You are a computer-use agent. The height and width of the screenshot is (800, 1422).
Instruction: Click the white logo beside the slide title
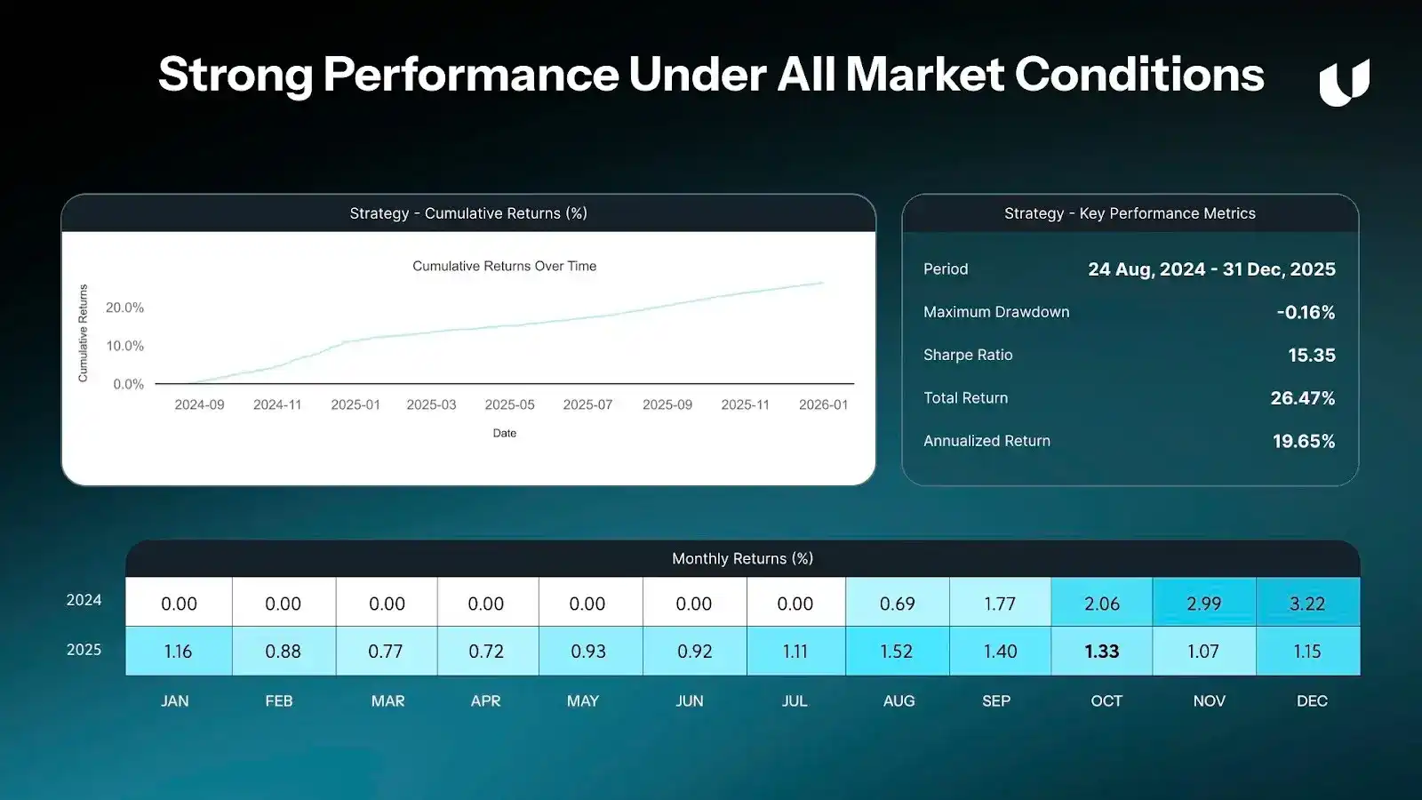pos(1344,82)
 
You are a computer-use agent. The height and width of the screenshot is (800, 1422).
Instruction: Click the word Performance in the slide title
pos(471,75)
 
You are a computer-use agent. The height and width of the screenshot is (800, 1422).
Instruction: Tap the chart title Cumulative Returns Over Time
pos(504,266)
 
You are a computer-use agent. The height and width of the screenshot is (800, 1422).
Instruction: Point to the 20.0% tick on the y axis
pos(124,308)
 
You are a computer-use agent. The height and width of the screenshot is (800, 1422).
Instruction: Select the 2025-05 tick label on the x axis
pos(510,404)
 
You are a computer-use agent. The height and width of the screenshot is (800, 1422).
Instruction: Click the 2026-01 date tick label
pos(823,404)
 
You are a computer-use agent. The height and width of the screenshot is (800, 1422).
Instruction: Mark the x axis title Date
pos(505,433)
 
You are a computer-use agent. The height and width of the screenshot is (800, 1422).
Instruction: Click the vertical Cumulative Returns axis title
pos(83,333)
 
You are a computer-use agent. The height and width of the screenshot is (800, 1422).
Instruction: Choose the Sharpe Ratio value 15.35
pos(1312,355)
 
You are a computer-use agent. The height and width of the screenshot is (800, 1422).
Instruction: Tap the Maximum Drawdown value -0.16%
pos(1306,312)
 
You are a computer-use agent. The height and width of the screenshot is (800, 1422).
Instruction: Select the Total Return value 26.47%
pos(1303,398)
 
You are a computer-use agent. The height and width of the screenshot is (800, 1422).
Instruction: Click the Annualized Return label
pos(987,441)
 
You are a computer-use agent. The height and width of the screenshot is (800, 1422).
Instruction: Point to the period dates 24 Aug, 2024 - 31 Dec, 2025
pos(1212,269)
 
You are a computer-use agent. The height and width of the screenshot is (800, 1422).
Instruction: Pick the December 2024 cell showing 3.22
pos(1307,602)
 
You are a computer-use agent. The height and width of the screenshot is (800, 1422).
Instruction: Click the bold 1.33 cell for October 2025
pos(1101,651)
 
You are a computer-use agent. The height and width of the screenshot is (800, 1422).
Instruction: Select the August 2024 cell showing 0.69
pos(898,602)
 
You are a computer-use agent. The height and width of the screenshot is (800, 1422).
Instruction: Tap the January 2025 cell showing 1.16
pos(179,651)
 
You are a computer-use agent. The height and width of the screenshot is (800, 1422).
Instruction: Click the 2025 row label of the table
pos(84,650)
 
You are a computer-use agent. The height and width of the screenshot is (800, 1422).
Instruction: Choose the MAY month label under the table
pos(583,701)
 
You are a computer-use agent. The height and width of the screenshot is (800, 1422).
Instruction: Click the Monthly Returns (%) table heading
pos(743,559)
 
